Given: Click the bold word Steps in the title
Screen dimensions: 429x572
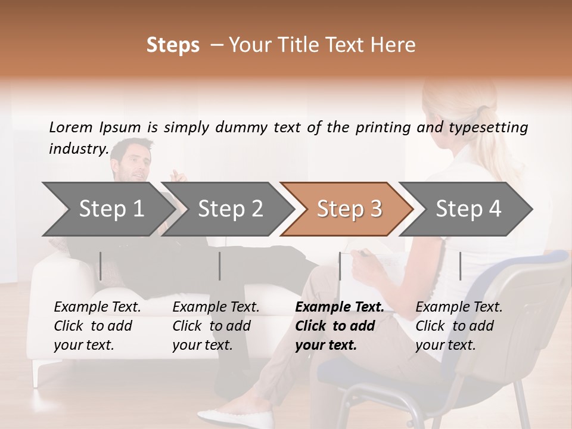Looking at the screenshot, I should (173, 45).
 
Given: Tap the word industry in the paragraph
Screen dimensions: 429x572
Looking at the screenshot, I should (77, 148).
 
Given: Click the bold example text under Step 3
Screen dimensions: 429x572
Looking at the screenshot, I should (339, 326).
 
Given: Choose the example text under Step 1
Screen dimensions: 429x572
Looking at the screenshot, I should (97, 326).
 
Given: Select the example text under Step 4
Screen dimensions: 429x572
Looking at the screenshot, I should (459, 326).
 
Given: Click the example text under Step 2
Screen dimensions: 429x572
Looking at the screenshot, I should (216, 326).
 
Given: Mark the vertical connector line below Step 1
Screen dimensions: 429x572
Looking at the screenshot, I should (101, 266).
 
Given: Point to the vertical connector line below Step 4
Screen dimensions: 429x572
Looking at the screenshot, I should (460, 266).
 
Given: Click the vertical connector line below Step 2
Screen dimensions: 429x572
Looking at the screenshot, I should (220, 266).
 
